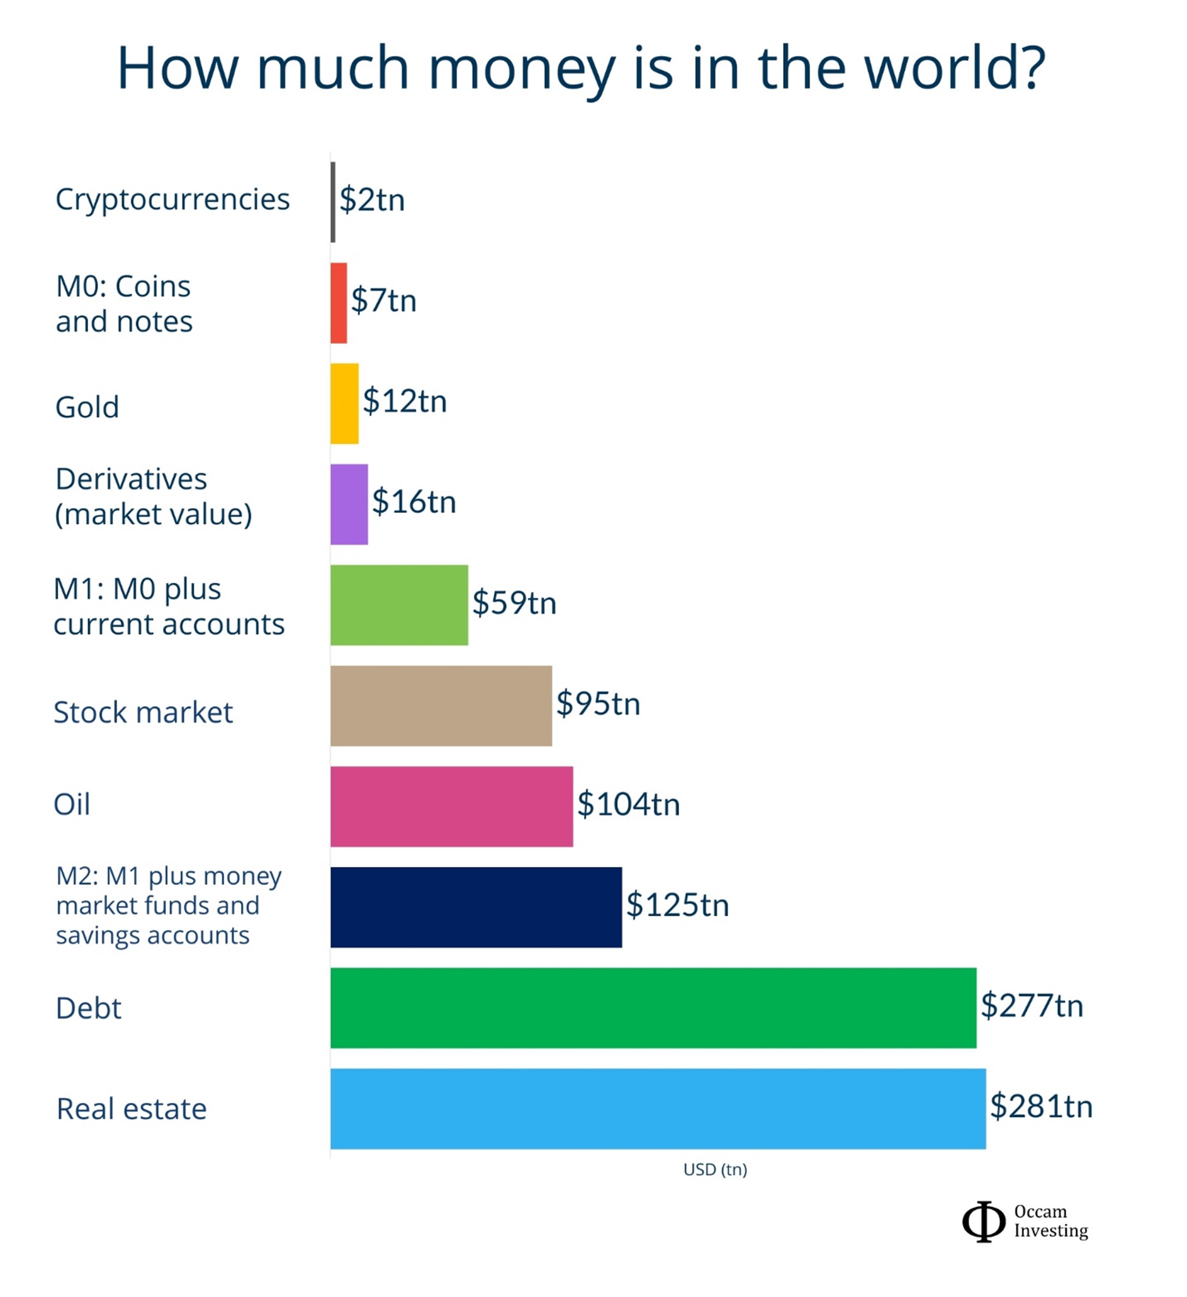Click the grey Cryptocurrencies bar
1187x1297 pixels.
tap(333, 202)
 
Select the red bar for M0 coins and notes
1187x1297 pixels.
tap(339, 303)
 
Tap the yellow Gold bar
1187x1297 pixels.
tap(345, 404)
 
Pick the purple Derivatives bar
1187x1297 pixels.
tap(349, 505)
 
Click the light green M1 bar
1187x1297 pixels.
tap(399, 605)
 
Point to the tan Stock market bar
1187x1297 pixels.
tap(441, 706)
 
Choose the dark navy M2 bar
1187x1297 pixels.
tap(476, 907)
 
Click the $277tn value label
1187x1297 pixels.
tap(1031, 1006)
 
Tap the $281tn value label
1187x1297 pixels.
tap(1041, 1107)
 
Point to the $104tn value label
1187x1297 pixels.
tap(628, 804)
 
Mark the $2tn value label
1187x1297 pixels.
tap(372, 200)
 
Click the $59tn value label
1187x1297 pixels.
tap(514, 603)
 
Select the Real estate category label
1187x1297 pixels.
tap(131, 1109)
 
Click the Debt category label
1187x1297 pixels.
tap(88, 1008)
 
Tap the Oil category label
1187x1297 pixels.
tap(71, 805)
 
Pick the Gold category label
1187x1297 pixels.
tap(87, 407)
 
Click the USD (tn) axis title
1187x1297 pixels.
tap(715, 1170)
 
